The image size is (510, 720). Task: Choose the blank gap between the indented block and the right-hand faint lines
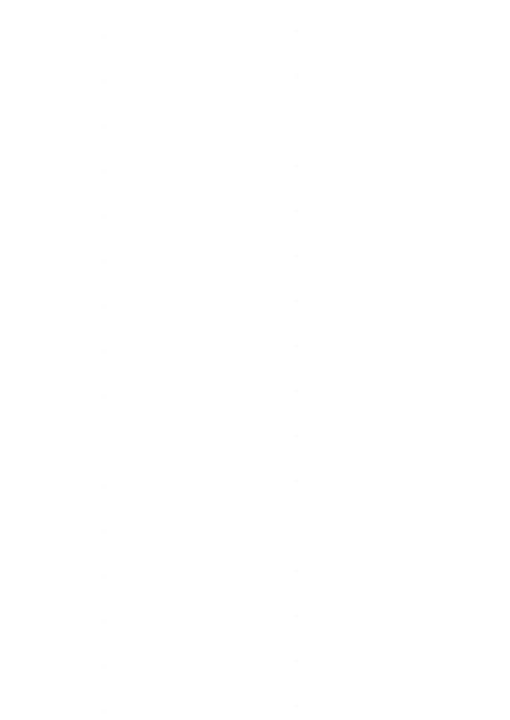coord(225,109)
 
